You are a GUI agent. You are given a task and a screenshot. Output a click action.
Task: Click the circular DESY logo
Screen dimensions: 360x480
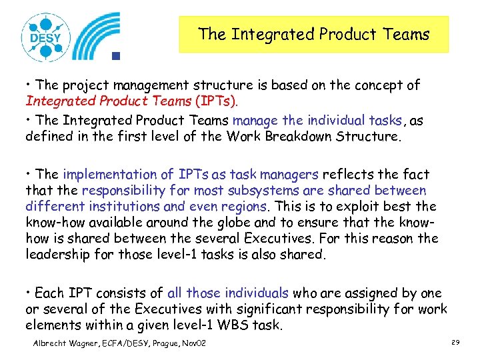point(45,37)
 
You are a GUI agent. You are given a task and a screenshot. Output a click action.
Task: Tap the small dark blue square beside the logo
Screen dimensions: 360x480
point(115,56)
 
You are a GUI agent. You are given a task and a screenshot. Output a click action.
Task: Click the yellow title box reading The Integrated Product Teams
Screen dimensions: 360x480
point(313,34)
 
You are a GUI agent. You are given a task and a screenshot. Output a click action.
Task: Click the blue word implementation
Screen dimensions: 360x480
point(111,175)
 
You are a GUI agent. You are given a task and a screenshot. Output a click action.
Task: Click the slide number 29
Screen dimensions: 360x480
point(455,342)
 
